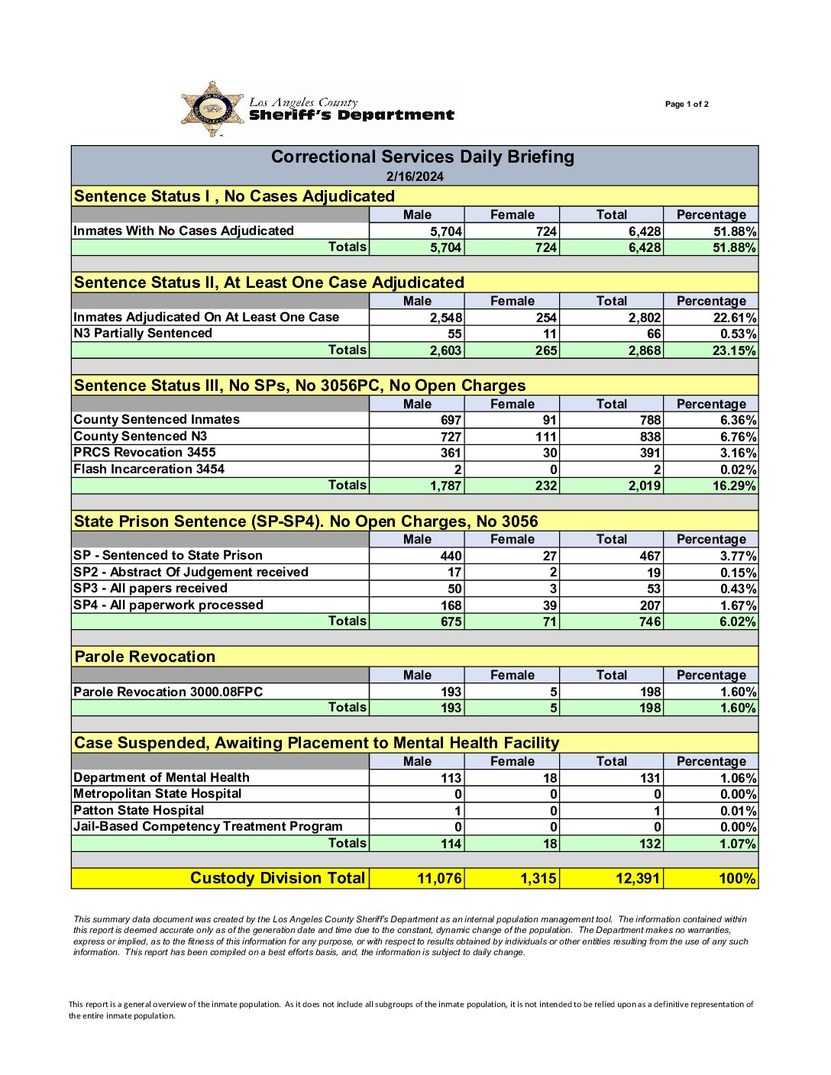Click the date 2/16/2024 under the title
click(x=415, y=176)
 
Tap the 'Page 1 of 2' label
click(x=687, y=105)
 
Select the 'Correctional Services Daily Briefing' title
click(x=422, y=157)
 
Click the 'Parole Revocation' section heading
click(x=145, y=657)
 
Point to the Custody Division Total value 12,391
click(x=638, y=879)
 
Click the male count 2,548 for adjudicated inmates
click(x=445, y=318)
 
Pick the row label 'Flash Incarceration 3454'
click(x=149, y=469)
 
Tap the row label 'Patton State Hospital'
click(x=139, y=810)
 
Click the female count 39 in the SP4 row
click(x=549, y=605)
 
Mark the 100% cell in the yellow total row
click(x=737, y=879)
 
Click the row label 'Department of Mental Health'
click(x=161, y=777)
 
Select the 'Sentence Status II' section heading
click(x=269, y=282)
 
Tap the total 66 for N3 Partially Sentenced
click(x=653, y=334)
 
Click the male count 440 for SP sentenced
click(x=451, y=556)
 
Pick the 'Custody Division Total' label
click(x=278, y=878)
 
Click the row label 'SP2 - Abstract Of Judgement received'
click(x=191, y=572)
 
